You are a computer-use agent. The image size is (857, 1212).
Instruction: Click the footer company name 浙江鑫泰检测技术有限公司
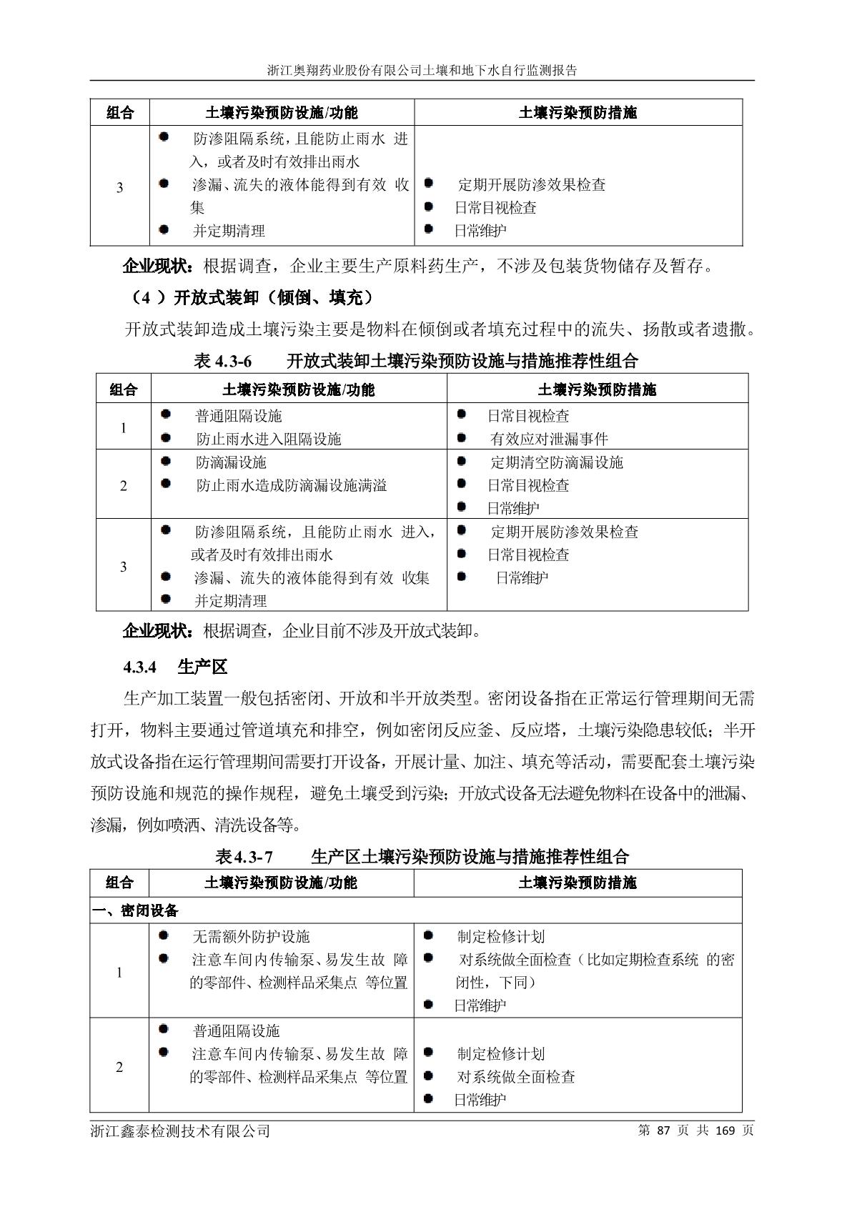coord(181,1131)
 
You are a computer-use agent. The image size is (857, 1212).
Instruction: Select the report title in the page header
coord(422,71)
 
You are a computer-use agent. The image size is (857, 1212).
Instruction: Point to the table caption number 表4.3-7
coord(244,856)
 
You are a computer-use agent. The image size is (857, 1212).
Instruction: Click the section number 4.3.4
coord(139,667)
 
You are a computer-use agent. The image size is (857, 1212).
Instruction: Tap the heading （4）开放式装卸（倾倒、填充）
coord(253,297)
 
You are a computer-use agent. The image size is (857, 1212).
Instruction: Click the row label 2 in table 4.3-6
coord(124,486)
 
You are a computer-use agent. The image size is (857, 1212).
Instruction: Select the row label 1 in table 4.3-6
coord(124,428)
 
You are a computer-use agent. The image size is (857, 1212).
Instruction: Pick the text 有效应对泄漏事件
coord(549,439)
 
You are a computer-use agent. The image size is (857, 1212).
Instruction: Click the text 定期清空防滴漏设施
coord(557,462)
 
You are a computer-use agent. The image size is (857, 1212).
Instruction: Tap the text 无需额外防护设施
coord(251,936)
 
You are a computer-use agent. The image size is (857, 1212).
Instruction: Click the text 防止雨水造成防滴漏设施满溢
coord(292,486)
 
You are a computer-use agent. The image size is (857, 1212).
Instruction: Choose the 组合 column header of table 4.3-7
coord(119,883)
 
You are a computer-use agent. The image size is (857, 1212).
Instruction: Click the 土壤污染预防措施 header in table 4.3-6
coord(597,389)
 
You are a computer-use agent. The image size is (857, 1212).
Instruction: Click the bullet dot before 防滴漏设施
coord(167,462)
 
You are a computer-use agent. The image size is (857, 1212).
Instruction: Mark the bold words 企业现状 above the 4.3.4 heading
coord(157,631)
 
